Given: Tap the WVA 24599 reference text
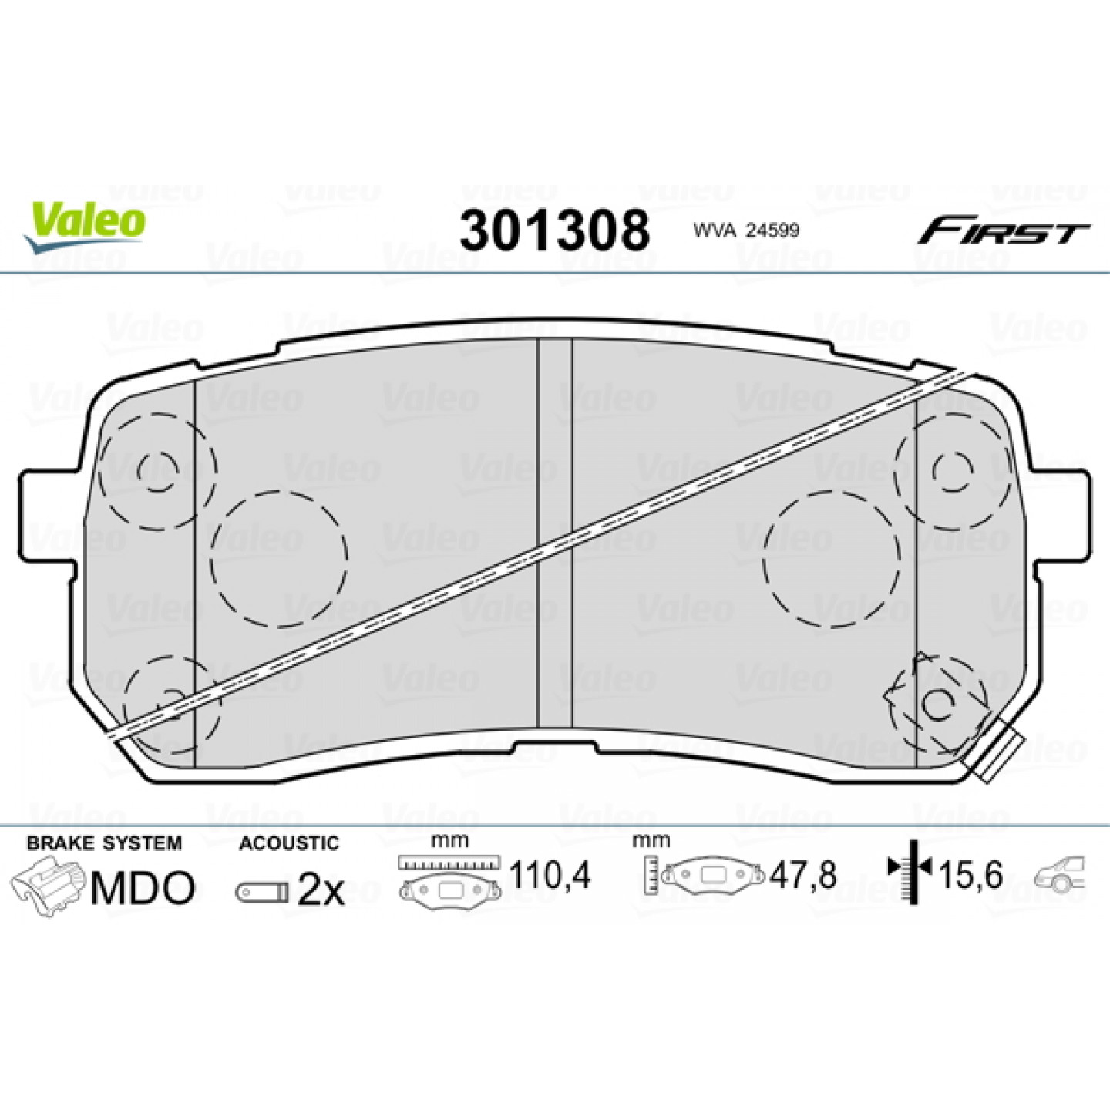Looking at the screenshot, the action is click(x=746, y=231).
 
